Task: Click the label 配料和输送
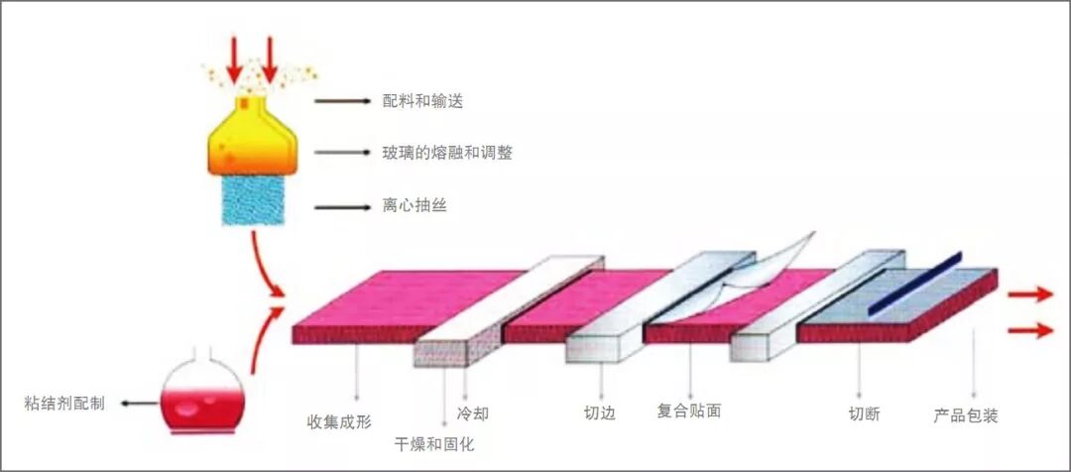423,101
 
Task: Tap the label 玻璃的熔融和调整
447,153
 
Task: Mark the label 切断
864,414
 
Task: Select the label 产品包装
965,414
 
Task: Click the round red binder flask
199,397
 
